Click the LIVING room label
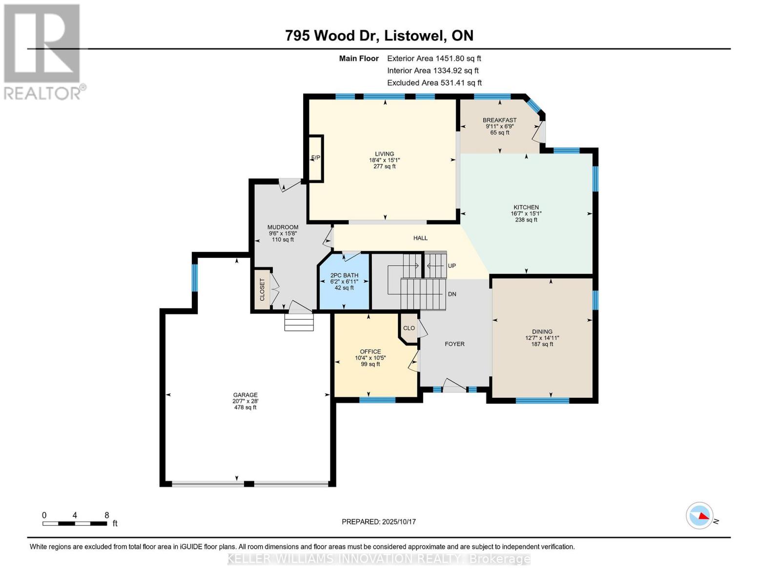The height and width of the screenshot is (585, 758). [384, 154]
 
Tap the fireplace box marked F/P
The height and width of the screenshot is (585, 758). [315, 157]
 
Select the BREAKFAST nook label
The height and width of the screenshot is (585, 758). [499, 120]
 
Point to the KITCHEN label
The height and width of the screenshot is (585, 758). [526, 207]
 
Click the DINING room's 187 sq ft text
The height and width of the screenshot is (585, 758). [542, 344]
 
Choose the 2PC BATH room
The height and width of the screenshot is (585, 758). [344, 282]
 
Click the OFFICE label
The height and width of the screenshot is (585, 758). [370, 351]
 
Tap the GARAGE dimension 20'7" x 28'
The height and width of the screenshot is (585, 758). [245, 401]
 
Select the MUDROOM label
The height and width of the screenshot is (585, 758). [283, 227]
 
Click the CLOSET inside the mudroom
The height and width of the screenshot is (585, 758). [263, 289]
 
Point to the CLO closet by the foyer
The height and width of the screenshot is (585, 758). [409, 328]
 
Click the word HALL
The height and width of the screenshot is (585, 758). [420, 238]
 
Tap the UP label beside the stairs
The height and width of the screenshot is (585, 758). [451, 266]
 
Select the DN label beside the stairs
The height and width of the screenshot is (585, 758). [452, 294]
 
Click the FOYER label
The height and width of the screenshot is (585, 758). [454, 344]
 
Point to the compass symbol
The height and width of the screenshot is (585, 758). [699, 515]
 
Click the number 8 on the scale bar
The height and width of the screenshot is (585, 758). [106, 515]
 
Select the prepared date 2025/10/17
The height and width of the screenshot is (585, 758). [399, 522]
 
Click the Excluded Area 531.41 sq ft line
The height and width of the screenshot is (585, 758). [434, 83]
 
